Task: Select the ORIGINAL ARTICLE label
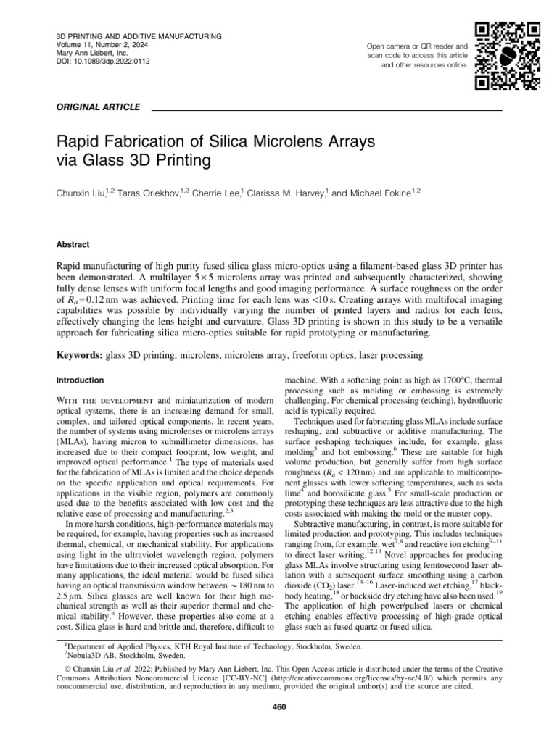[97, 107]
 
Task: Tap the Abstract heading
[73, 245]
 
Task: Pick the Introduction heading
[80, 380]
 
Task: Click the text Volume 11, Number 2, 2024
[104, 45]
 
